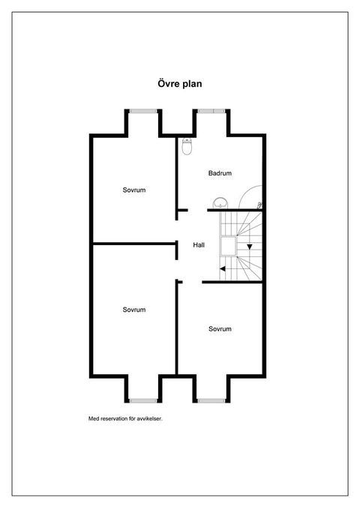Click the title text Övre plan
pyautogui.click(x=180, y=84)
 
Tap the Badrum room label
pyautogui.click(x=220, y=173)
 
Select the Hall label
pyautogui.click(x=199, y=245)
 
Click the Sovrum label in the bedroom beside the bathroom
pyautogui.click(x=133, y=190)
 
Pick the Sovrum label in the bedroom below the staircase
pyautogui.click(x=220, y=329)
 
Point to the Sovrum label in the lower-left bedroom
pyautogui.click(x=133, y=310)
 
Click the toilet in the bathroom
pyautogui.click(x=187, y=146)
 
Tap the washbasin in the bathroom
pyautogui.click(x=221, y=204)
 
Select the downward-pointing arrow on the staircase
pyautogui.click(x=250, y=247)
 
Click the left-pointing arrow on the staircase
pyautogui.click(x=223, y=268)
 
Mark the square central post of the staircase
pyautogui.click(x=229, y=245)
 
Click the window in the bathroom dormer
pyautogui.click(x=211, y=111)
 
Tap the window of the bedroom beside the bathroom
pyautogui.click(x=143, y=111)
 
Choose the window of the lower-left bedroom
pyautogui.click(x=143, y=400)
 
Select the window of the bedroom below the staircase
pyautogui.click(x=211, y=400)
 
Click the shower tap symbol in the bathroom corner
pyautogui.click(x=259, y=205)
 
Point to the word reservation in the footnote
pyautogui.click(x=114, y=419)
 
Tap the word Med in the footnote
pyautogui.click(x=94, y=419)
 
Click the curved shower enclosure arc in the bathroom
pyautogui.click(x=245, y=191)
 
